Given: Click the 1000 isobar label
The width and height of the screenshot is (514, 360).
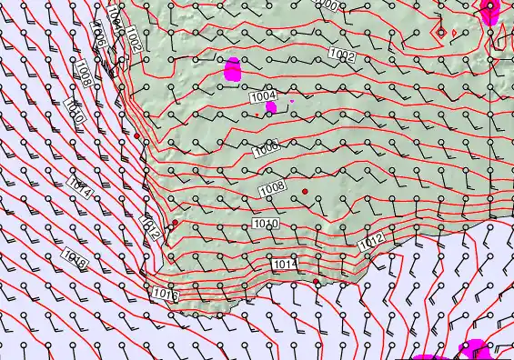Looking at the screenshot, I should coord(328,5).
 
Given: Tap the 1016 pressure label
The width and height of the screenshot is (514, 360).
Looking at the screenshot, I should coord(164,294).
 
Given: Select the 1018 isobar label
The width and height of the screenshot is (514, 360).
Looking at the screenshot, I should coord(75,262).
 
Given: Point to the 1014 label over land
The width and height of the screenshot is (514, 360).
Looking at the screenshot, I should coord(285,264).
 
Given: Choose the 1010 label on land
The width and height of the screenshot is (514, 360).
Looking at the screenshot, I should coord(265,224).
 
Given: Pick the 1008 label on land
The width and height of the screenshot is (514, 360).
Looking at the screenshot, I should coord(272,188).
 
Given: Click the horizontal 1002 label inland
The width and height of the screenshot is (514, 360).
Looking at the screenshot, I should coord(341,55).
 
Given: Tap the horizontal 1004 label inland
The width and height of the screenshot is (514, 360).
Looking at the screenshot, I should coord(263,95).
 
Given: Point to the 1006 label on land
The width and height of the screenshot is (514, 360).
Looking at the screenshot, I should coord(267,147).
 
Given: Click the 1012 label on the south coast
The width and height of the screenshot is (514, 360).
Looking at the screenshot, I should coord(370,243).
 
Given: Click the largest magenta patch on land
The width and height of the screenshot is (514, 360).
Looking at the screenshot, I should coord(233,68).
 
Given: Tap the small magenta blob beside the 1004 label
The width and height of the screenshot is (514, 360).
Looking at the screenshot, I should coord(271,107).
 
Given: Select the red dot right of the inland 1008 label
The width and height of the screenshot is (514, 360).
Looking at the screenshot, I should coord(306,190).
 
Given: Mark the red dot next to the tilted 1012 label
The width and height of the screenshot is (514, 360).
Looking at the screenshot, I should coord(175,222).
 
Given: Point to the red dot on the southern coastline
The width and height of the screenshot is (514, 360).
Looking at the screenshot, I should coord(317,282).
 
